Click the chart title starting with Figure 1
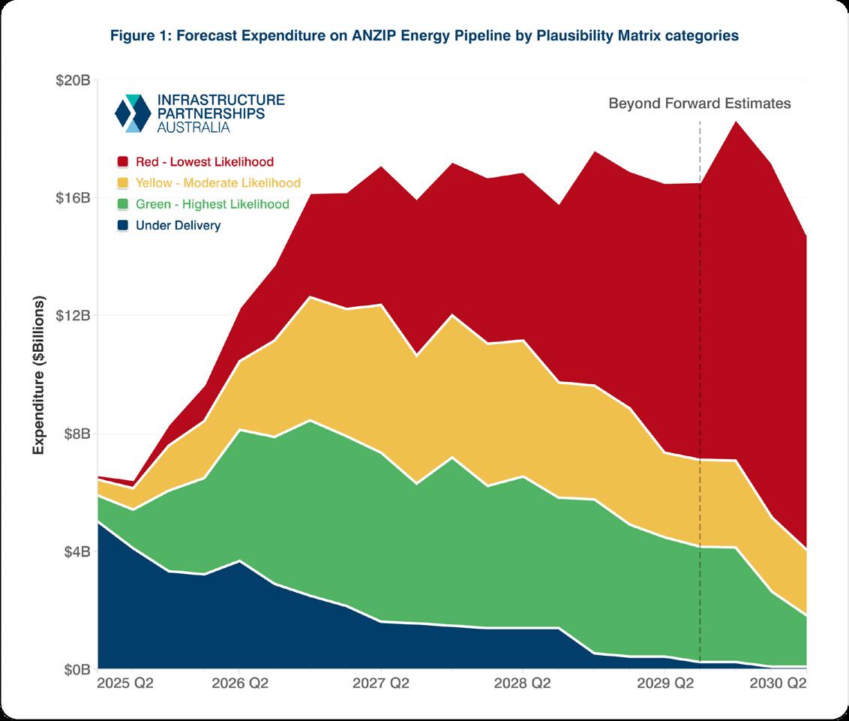424,35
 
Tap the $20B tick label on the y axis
73,80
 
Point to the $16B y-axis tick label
73,198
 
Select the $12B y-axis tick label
73,315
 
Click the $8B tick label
76,434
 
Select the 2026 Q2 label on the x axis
238,684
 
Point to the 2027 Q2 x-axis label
380,684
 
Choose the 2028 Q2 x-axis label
522,684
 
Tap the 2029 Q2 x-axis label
664,684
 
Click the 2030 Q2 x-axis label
778,684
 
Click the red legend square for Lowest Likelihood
124,162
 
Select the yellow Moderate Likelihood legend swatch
124,183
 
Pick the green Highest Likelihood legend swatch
124,204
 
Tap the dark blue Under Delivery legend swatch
124,225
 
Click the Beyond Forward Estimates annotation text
699,104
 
